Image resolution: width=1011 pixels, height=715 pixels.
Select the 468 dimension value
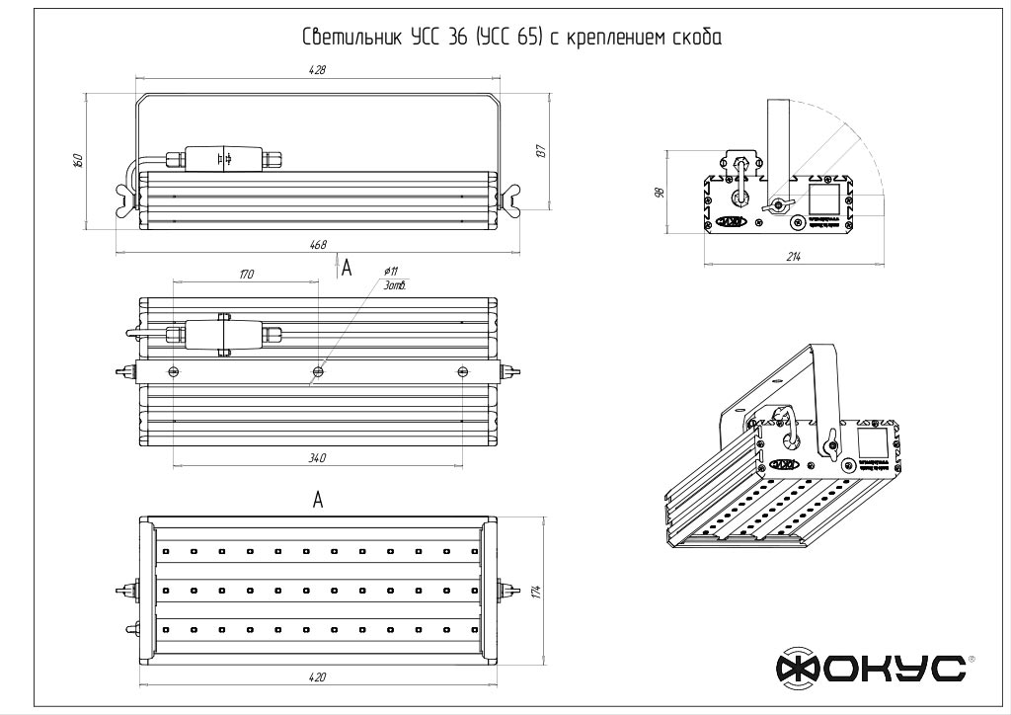point(318,245)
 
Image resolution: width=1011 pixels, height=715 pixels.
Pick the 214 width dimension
point(794,257)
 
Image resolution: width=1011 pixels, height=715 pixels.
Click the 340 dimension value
point(318,457)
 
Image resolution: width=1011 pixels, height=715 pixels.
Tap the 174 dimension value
point(536,591)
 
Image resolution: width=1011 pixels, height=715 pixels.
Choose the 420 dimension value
point(318,676)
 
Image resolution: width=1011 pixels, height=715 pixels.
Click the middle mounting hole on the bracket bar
point(318,372)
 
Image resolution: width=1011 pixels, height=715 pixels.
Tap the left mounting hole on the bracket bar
point(174,371)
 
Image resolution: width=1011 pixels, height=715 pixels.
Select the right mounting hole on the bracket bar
point(463,371)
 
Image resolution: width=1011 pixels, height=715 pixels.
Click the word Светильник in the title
point(350,40)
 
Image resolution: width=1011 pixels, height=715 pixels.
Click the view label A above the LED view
point(318,501)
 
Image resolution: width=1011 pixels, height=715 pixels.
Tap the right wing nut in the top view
point(509,200)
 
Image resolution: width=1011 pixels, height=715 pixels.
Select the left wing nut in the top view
point(125,199)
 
